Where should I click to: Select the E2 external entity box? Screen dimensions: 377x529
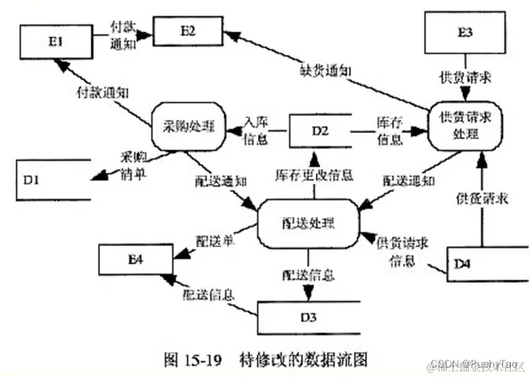[187, 31]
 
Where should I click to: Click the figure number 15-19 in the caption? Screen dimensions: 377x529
[200, 359]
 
